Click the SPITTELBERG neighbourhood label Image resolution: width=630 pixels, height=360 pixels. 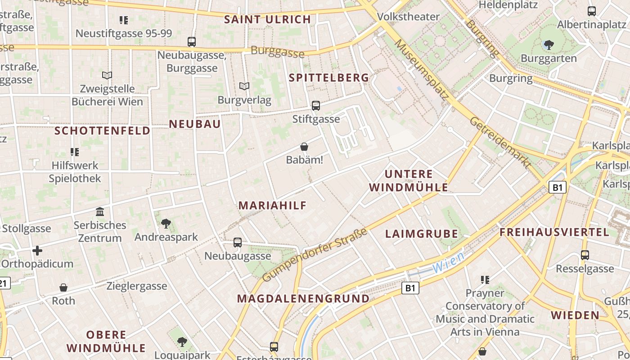pos(328,78)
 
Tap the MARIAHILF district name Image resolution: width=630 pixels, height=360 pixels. pos(272,206)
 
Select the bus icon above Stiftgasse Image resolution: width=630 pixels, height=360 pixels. pos(316,106)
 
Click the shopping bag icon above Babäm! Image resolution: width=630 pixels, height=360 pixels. pos(304,147)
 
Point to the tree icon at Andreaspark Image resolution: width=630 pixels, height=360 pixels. pos(166,223)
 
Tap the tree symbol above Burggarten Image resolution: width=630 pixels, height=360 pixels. pos(549,45)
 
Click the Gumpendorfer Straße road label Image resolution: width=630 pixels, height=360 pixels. pos(315,255)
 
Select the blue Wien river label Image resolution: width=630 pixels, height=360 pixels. pos(448,262)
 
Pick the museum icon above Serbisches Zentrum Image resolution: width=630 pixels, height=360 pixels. pos(100,211)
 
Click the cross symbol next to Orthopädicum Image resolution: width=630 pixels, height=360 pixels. pos(37,250)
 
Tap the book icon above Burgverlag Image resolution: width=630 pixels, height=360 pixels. pos(244,86)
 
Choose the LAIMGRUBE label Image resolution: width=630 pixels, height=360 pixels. pos(422,234)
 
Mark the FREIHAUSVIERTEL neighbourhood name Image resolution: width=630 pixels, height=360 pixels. pos(554,233)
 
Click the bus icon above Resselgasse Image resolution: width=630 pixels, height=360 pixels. pos(585,255)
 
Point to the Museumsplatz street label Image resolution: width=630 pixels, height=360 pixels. pos(422,70)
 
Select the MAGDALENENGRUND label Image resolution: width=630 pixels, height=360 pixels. pos(303,299)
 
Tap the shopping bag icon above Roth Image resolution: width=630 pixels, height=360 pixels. pos(63,288)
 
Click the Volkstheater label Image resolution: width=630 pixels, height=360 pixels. pos(408,17)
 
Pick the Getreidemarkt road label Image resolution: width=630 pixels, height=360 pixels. pos(500,143)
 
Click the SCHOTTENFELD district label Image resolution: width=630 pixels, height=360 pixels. pos(102,131)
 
